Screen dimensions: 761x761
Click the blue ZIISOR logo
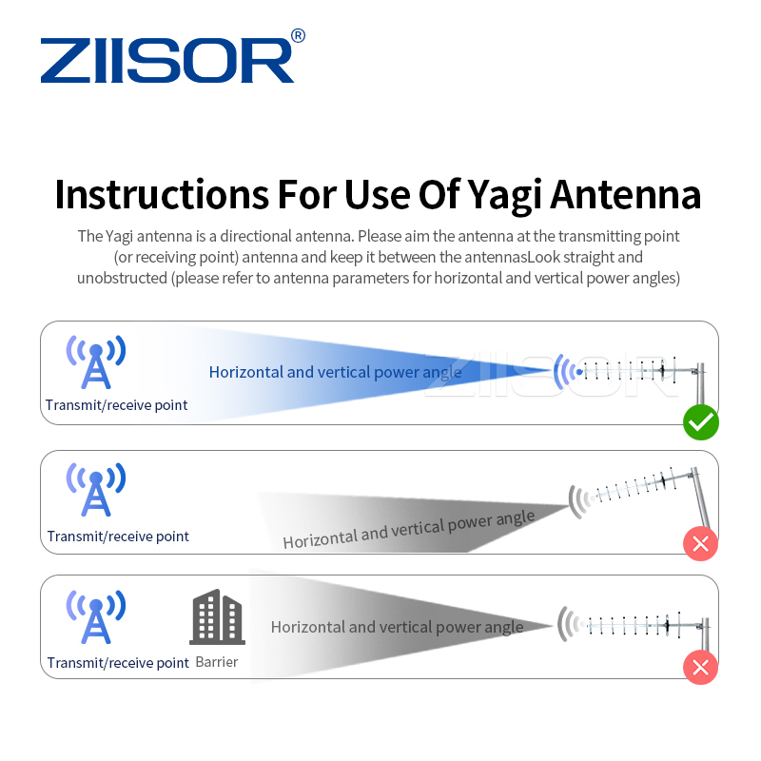click(x=167, y=61)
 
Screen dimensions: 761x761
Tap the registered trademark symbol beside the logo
click(x=298, y=35)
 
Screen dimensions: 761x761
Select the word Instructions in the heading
click(x=162, y=194)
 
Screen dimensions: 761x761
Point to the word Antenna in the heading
click(x=626, y=194)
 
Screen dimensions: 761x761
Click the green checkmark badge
click(x=701, y=422)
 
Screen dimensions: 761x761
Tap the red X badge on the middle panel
click(x=701, y=543)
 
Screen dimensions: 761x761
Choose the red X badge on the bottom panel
click(x=701, y=667)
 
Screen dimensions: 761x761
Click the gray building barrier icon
click(x=218, y=617)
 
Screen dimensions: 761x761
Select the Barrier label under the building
click(x=217, y=662)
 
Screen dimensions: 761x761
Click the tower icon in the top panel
click(x=96, y=361)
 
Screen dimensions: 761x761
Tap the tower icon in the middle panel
click(x=96, y=489)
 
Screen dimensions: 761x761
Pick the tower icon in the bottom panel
click(x=96, y=616)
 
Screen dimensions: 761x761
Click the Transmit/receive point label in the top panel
click(x=116, y=405)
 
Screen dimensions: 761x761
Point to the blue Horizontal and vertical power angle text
click(x=336, y=372)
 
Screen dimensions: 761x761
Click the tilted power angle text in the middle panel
click(x=409, y=530)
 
